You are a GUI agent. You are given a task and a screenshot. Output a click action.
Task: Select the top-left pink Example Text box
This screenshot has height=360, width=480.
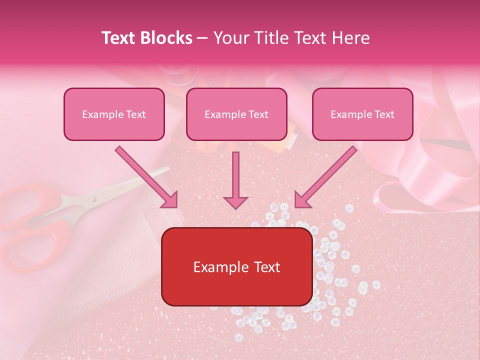[114, 114]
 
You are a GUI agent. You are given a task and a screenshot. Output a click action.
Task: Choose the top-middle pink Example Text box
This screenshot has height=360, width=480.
[236, 114]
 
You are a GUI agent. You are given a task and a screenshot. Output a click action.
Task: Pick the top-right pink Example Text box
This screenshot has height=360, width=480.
[362, 114]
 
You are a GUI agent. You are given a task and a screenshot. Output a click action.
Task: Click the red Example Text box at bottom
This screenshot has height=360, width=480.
[237, 266]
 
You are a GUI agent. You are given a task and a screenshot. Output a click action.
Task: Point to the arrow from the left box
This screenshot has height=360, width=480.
[146, 177]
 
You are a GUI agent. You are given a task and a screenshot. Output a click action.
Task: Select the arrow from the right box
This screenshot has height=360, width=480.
[326, 177]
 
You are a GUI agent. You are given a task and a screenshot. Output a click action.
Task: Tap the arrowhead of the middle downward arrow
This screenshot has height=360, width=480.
[235, 202]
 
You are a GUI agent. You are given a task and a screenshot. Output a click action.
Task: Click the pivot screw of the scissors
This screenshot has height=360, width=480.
[92, 199]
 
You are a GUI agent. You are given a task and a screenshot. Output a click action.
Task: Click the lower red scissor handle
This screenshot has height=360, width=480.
[35, 245]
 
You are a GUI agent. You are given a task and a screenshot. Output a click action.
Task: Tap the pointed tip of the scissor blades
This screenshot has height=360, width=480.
[168, 169]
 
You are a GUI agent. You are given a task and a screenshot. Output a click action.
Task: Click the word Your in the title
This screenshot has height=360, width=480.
[230, 38]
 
